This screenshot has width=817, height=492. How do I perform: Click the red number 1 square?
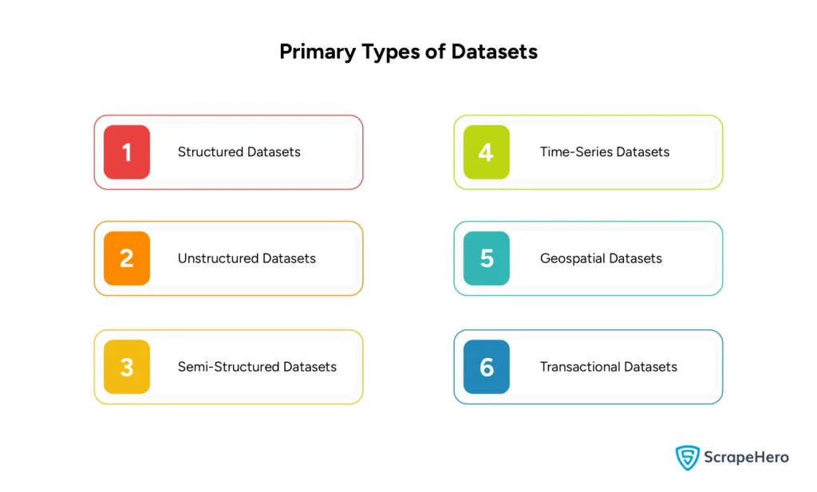pos(127,152)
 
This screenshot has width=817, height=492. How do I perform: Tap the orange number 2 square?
pos(127,258)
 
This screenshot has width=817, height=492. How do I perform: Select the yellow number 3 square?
pos(127,367)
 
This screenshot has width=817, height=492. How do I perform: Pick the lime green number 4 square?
pos(486,152)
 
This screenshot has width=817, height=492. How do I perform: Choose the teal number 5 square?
pos(486,258)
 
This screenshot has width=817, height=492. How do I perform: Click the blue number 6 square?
pos(486,367)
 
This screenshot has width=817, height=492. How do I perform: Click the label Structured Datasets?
pos(239,152)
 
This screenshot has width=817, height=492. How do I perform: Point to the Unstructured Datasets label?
pos(247,258)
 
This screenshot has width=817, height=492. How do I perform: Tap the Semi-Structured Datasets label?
pos(257,367)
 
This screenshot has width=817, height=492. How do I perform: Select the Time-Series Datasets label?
pos(604,152)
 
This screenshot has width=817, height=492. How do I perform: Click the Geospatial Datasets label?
pos(601,258)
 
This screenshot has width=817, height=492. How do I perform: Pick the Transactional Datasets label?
pos(608,367)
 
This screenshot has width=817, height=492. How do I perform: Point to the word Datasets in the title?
pos(495,53)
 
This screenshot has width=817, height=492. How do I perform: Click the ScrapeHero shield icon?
pos(687,457)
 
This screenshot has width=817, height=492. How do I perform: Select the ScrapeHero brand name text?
pos(745,457)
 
